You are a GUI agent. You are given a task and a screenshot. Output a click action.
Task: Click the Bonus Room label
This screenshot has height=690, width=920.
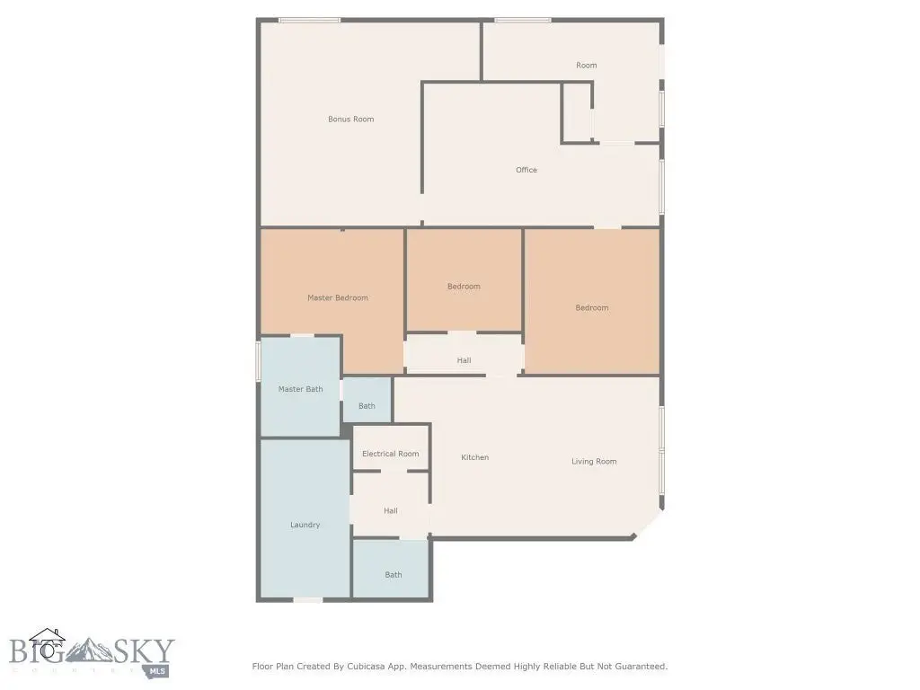coord(351,119)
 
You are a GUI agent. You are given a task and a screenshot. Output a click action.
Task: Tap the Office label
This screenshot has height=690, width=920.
coord(526,170)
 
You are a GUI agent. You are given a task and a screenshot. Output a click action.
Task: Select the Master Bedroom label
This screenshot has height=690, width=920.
coord(338,298)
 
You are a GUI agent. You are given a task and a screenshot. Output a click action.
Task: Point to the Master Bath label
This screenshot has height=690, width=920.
coord(300,389)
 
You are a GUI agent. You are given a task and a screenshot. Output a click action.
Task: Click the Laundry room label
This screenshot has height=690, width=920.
coord(305,525)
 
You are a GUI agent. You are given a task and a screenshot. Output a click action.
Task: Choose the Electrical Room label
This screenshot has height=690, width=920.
coord(391,454)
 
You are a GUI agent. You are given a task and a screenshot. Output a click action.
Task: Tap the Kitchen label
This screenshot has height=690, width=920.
coord(474,457)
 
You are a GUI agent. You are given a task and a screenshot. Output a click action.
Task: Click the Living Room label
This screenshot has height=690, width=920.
coord(594,462)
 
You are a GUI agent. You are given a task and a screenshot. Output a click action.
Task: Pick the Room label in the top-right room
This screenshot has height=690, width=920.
coord(586,66)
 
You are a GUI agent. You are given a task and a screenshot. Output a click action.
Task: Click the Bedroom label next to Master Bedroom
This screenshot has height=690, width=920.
coord(464,287)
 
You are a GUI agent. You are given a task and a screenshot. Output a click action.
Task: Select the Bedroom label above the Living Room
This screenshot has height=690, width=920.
coord(591,308)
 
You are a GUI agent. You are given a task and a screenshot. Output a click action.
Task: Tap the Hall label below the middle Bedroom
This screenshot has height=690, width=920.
coord(464,361)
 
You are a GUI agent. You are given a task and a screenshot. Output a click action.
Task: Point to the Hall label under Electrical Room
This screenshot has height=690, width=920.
coord(391,511)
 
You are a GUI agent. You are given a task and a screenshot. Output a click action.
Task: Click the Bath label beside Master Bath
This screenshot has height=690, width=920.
coord(367,406)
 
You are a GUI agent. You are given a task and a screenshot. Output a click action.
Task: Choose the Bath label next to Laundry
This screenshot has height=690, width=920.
coord(394,575)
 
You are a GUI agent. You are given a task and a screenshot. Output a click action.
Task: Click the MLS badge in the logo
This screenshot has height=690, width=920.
coord(156,672)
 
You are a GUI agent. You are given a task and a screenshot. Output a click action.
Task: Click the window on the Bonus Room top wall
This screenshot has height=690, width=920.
coord(309,21)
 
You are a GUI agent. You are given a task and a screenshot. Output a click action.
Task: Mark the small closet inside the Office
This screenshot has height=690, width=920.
coord(576,112)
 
